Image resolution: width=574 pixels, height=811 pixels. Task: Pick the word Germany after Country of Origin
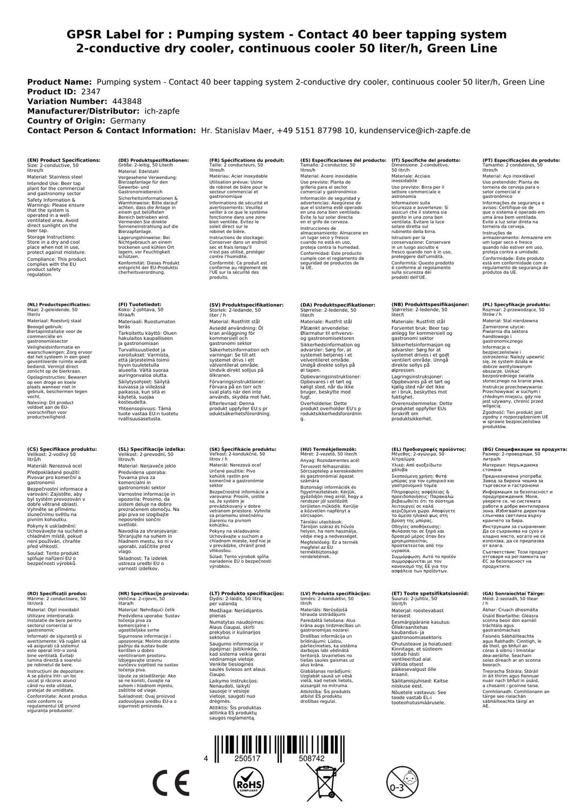coord(128,121)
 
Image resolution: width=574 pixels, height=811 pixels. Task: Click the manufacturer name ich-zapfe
coord(162,111)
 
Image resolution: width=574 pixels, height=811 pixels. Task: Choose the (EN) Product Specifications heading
coord(64,161)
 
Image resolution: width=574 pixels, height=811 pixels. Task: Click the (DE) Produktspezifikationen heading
coord(154,161)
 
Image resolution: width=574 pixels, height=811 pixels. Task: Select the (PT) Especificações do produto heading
coord(521,161)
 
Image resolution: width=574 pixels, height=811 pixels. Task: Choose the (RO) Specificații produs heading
coord(60,593)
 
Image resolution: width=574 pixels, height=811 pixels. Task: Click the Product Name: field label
coord(60,82)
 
